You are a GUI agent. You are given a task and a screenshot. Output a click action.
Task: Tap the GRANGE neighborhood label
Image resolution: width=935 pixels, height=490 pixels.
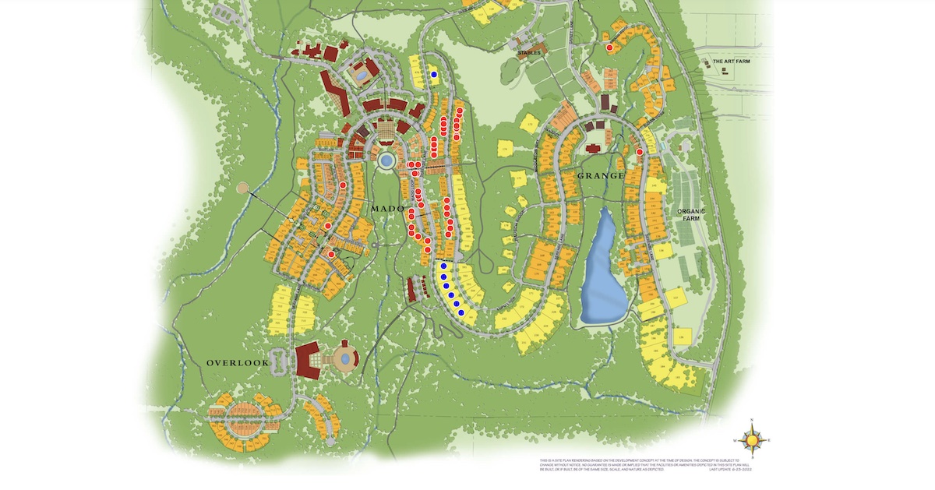pos(601,176)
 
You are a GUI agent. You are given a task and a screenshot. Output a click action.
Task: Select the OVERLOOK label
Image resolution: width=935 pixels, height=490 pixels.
pos(238,363)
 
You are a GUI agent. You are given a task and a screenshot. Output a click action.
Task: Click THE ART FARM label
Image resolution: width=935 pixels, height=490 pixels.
pos(731,61)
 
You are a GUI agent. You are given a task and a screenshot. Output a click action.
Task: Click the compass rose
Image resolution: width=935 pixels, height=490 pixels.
pos(752,440)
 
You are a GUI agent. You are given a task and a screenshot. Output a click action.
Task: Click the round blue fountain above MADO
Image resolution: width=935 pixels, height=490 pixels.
pos(386,161)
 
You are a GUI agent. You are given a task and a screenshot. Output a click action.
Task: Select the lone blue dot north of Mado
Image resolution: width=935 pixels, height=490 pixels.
pos(434,75)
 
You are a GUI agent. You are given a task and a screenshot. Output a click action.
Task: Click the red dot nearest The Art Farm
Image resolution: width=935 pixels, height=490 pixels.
pos(609,48)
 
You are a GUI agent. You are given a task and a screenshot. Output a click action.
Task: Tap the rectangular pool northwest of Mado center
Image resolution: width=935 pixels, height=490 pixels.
pos(362,75)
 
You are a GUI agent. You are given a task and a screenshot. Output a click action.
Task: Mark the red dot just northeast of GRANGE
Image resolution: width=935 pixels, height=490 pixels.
pos(639,152)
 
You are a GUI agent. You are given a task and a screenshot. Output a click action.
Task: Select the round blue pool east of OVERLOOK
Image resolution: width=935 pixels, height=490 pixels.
pos(342,359)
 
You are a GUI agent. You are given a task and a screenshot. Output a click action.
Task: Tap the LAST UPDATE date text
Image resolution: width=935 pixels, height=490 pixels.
pos(732,471)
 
